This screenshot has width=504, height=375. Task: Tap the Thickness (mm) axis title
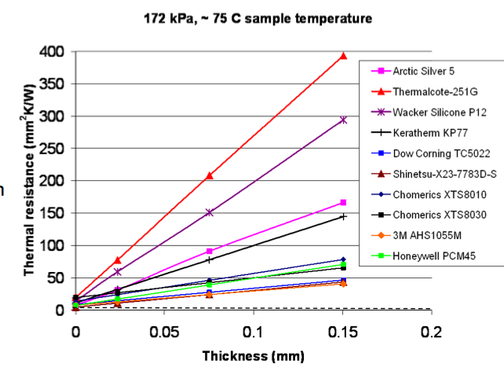pos(253,355)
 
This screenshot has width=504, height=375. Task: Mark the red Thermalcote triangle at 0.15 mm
pos(343,56)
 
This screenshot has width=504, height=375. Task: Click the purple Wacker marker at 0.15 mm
pos(343,120)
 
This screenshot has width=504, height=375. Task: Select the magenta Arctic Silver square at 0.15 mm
pos(343,203)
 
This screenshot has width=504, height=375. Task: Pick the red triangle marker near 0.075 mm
pos(210,175)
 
